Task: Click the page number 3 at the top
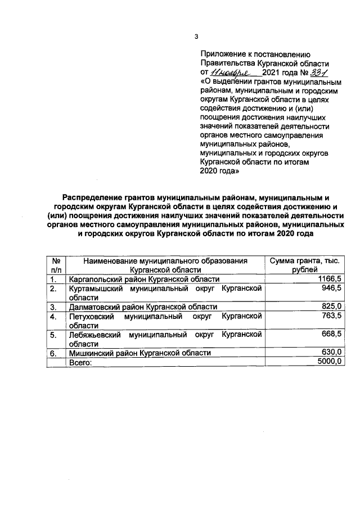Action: point(196,37)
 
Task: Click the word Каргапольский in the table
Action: point(96,280)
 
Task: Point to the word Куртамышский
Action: point(94,289)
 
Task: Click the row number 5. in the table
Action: point(53,335)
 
